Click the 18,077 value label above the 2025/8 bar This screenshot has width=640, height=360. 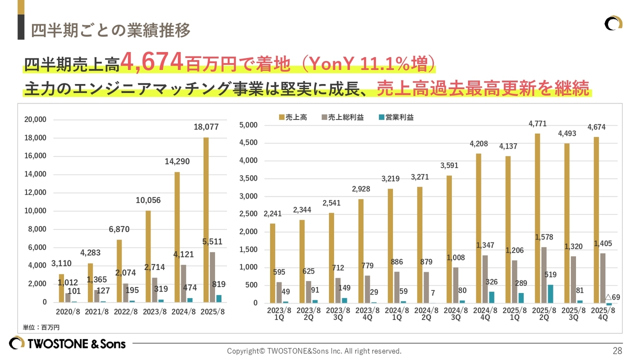(x=206, y=127)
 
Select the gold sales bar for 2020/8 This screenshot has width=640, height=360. (x=61, y=288)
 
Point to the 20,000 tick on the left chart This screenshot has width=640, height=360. (x=35, y=119)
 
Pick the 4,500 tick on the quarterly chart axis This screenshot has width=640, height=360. (x=248, y=143)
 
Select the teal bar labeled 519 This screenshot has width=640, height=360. (x=550, y=293)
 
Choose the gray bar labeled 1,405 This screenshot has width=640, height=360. (x=602, y=278)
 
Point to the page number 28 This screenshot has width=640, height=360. (x=617, y=350)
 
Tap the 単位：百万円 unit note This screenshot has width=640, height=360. (x=41, y=327)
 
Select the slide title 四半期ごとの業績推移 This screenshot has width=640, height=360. (x=110, y=30)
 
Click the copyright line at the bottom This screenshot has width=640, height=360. (x=314, y=351)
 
